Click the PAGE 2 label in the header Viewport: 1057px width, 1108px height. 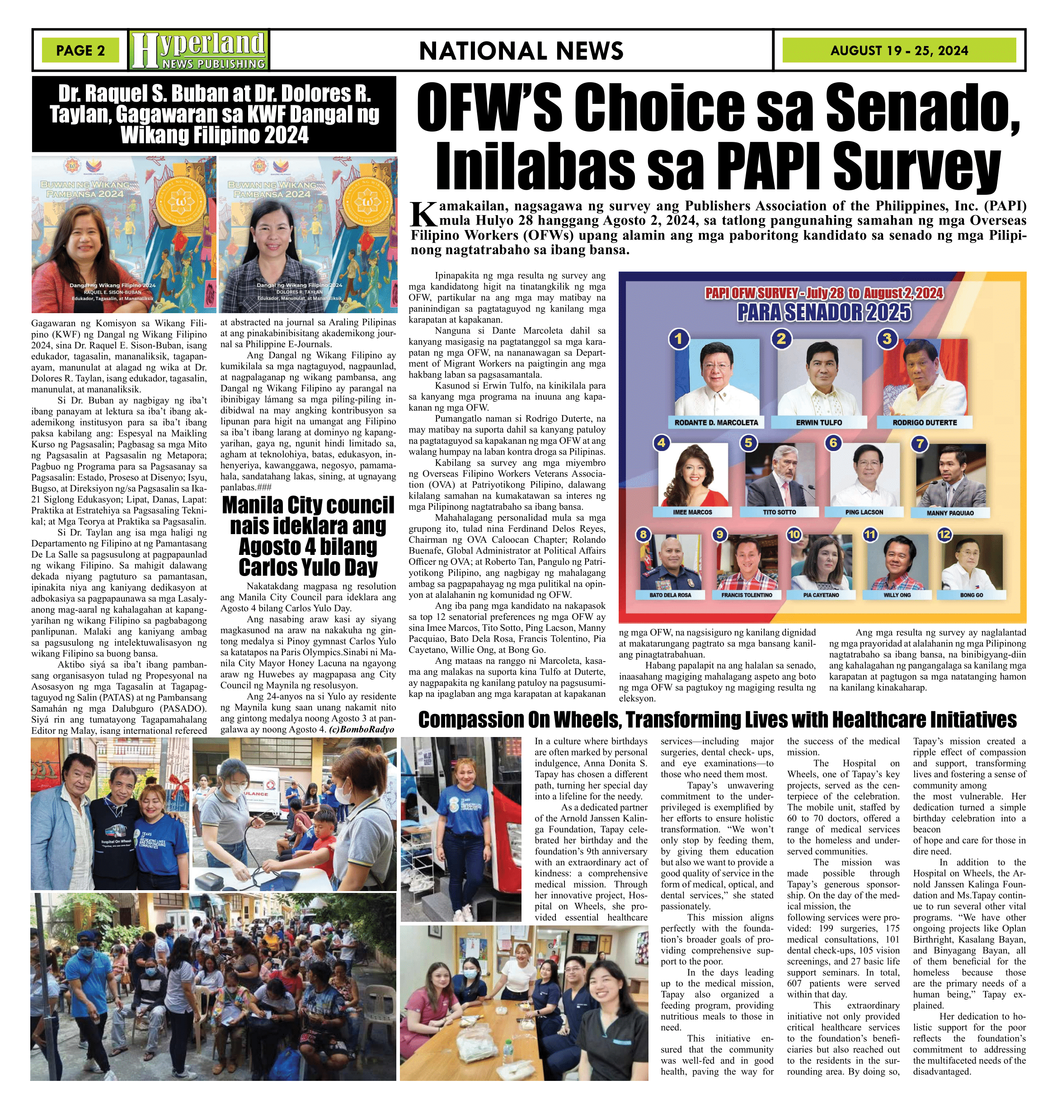tap(80, 51)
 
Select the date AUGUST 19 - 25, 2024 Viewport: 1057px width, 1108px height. tap(899, 51)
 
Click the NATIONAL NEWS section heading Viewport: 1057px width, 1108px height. tap(521, 51)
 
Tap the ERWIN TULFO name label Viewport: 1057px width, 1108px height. tap(819, 423)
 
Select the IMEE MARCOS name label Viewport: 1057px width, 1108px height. tap(692, 512)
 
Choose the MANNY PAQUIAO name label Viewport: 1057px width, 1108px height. tap(950, 512)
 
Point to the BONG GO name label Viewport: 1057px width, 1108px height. tap(971, 595)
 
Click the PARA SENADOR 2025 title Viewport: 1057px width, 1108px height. tap(824, 313)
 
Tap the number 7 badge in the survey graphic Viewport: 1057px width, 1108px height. tap(920, 443)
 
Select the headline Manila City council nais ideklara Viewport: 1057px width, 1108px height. tap(308, 536)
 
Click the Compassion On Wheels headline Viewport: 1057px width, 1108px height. tap(717, 720)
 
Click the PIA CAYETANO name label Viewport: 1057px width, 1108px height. tap(821, 595)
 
